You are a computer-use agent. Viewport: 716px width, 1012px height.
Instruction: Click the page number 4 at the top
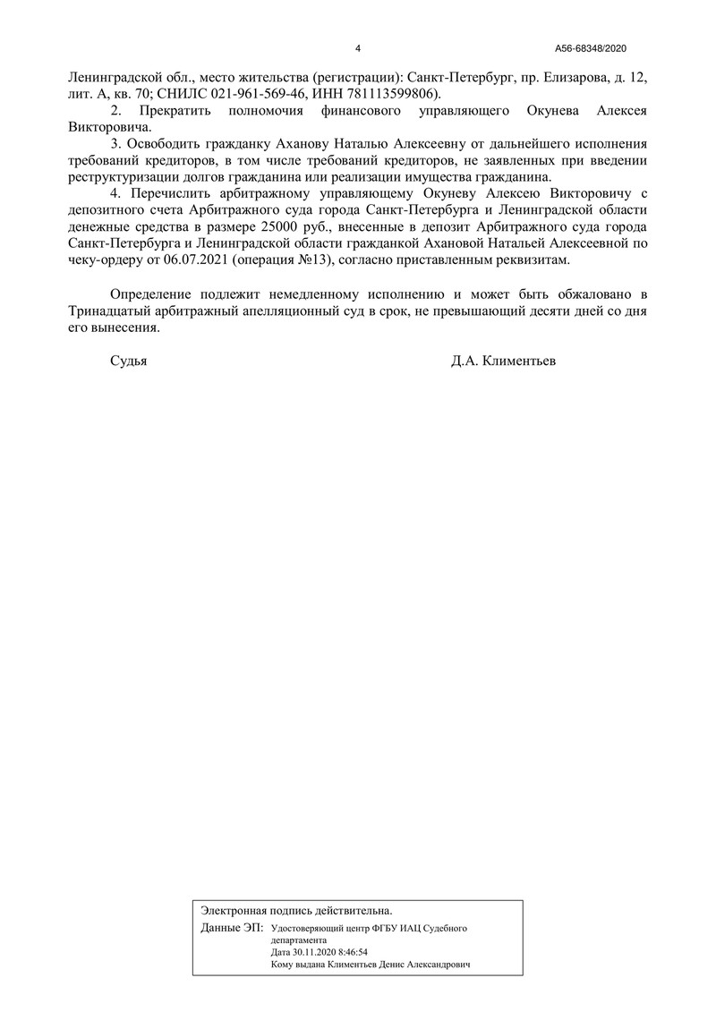tap(358, 48)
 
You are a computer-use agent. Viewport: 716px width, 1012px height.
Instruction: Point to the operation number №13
tap(310, 259)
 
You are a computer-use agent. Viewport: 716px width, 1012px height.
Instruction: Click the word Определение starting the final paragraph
tap(155, 293)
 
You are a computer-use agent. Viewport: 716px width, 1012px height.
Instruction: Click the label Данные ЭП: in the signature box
tap(232, 928)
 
